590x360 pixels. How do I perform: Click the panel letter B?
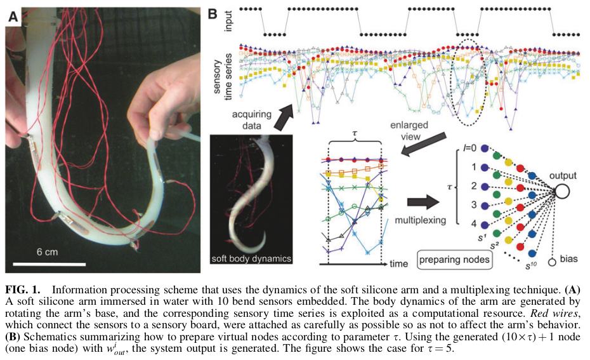[214, 12]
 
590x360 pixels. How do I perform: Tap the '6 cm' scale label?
[47, 252]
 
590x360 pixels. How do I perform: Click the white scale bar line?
[49, 262]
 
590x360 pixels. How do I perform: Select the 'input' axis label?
[228, 21]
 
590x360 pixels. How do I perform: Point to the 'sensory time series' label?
[222, 70]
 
